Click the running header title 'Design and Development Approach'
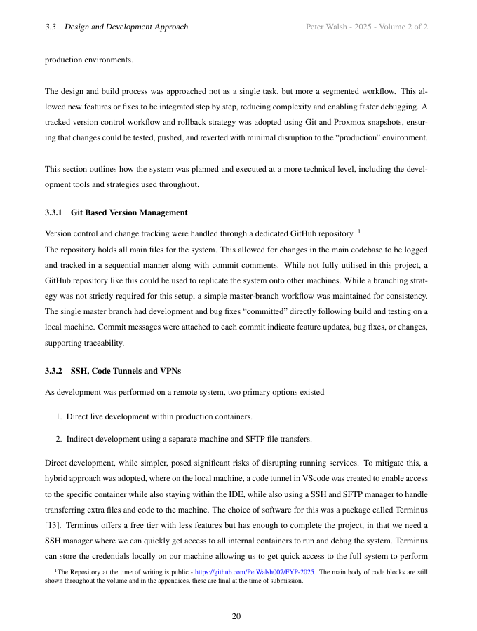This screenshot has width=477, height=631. [x=126, y=27]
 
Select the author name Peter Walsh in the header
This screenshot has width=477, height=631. [x=328, y=27]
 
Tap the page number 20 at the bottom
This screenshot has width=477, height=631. [x=236, y=616]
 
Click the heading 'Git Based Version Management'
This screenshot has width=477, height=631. [x=129, y=212]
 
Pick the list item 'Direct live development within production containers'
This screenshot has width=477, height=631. [x=159, y=416]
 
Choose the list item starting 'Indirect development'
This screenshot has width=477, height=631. [x=189, y=439]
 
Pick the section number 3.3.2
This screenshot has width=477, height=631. [x=54, y=371]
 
